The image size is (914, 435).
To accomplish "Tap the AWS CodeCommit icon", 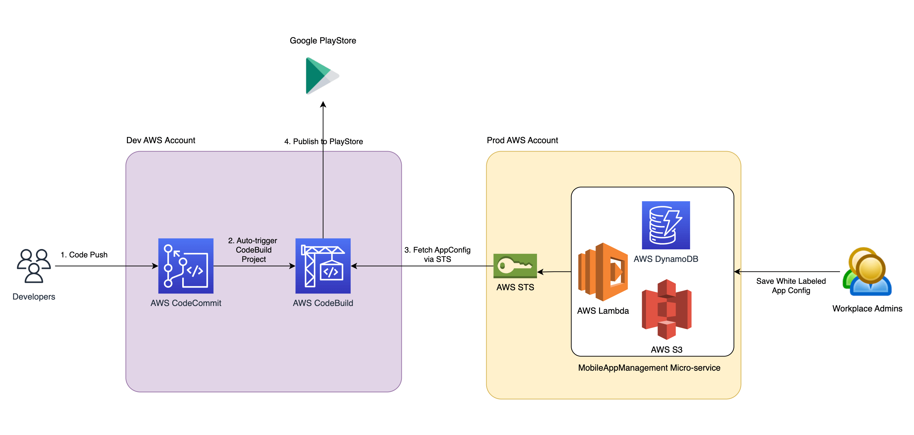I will click(185, 266).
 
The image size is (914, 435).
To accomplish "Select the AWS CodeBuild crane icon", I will click(323, 266).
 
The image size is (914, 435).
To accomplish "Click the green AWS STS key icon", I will click(515, 266).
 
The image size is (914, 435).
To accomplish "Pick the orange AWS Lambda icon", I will click(603, 272).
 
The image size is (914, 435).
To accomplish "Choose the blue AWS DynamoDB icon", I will click(666, 225).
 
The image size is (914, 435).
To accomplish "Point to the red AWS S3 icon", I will click(666, 309).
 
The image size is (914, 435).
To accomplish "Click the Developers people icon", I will click(34, 266).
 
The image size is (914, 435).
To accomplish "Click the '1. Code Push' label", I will click(84, 255).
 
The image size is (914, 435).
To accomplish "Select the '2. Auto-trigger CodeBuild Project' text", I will click(253, 250).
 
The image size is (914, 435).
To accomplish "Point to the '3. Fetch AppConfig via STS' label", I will click(437, 254).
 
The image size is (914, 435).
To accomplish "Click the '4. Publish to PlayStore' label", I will click(323, 141).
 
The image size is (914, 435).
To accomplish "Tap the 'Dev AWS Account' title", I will click(161, 140).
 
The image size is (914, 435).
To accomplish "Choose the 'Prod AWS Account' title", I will click(522, 140).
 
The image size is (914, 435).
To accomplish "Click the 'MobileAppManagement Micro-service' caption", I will click(649, 367).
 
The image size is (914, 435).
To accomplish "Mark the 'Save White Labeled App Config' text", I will click(791, 285).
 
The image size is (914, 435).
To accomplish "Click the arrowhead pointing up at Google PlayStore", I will click(323, 104).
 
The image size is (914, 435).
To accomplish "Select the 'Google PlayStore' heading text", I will click(323, 41).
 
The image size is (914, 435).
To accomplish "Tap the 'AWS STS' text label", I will click(515, 287).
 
